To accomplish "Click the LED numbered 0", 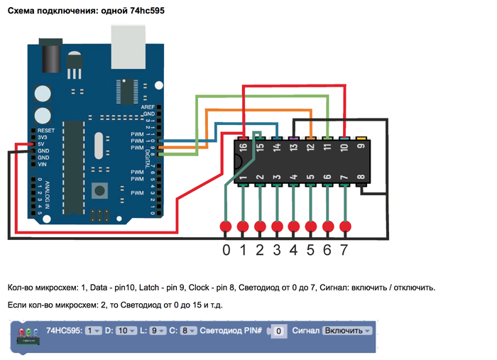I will (226, 227).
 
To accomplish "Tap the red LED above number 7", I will (346, 227).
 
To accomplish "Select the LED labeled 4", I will (294, 227).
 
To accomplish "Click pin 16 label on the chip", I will (243, 148).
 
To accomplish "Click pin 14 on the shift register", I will (277, 148).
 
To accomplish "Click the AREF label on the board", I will (148, 107).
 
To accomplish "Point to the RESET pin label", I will (46, 131).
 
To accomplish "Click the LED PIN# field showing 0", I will (279, 331).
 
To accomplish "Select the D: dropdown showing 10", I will (124, 331).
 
